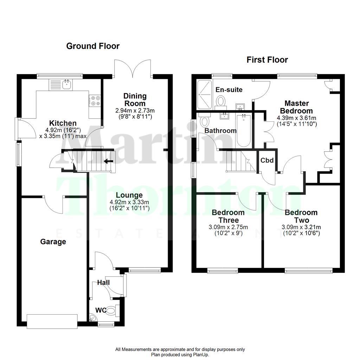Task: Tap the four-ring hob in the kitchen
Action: click(95, 101)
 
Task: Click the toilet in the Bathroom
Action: click(204, 121)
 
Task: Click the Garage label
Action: click(53, 242)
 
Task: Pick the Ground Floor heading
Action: click(93, 46)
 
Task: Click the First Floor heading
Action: click(267, 60)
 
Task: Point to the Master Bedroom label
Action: click(297, 107)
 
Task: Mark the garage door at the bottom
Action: click(52, 321)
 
